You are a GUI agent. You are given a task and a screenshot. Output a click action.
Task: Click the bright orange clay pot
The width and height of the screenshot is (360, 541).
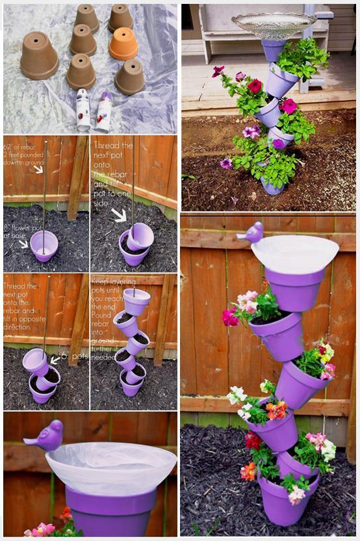point(123,44)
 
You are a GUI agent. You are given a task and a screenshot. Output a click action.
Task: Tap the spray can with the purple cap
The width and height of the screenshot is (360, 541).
point(105,111)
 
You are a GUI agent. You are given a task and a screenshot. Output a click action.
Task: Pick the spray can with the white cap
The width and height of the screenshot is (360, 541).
point(83,110)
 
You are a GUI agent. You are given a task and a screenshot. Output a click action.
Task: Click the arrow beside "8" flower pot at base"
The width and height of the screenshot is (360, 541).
point(23,244)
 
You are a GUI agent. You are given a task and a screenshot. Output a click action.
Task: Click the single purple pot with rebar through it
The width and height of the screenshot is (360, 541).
point(44,246)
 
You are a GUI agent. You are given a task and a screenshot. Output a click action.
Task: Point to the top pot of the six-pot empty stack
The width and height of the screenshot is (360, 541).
point(136,301)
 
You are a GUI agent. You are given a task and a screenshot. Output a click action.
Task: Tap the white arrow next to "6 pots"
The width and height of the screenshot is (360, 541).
point(55,358)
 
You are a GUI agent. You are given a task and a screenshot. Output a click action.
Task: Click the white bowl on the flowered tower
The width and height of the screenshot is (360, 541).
point(295,253)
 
